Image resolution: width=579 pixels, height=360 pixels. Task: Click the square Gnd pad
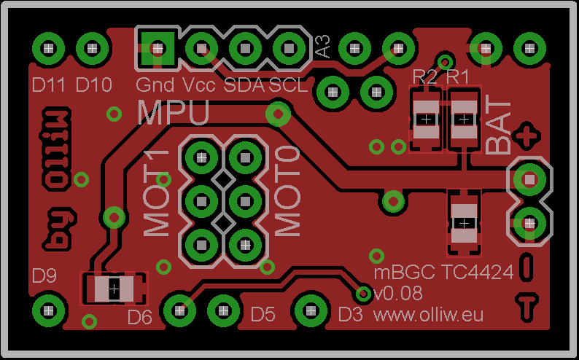click(x=158, y=48)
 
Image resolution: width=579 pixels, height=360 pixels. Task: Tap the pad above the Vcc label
click(x=200, y=49)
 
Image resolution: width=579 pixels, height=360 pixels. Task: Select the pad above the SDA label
click(x=243, y=49)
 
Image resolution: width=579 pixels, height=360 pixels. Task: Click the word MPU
click(x=174, y=112)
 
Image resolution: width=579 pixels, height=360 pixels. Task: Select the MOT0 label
click(x=287, y=192)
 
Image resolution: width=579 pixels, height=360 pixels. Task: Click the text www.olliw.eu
click(x=429, y=315)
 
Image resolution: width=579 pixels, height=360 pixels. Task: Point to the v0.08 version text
click(x=398, y=294)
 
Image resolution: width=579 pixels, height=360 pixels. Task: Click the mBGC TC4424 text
click(x=443, y=273)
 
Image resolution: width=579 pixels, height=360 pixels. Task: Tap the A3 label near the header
click(x=322, y=48)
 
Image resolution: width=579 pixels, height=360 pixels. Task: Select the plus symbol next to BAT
click(x=526, y=136)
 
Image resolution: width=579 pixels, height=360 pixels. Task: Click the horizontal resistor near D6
click(x=114, y=289)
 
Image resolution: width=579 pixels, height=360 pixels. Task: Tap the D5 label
click(x=263, y=315)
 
